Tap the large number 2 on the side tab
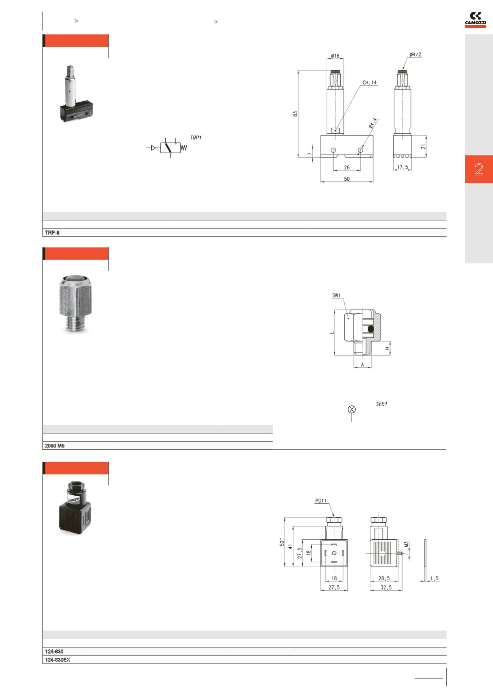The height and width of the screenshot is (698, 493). point(479,169)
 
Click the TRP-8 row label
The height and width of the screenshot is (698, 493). point(52,233)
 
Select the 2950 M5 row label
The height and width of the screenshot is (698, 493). point(55,446)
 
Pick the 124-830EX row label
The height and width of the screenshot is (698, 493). point(58,660)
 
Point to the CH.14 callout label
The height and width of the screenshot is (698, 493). point(370,82)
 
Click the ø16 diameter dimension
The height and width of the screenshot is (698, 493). point(335,56)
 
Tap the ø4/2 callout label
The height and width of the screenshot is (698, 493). point(415,54)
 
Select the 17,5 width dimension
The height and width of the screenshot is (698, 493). point(402,167)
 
